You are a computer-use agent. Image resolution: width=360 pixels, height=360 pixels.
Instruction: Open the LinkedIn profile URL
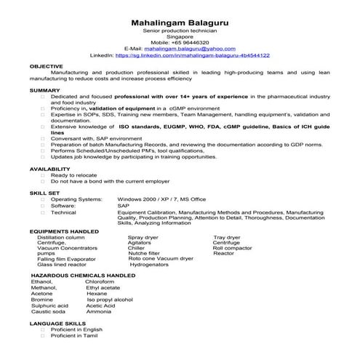(192, 55)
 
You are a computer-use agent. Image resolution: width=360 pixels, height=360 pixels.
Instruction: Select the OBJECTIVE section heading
(46, 66)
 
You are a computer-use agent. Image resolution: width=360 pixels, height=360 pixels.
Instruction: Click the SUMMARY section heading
(44, 89)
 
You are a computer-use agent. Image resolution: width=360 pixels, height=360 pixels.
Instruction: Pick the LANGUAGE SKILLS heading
(57, 321)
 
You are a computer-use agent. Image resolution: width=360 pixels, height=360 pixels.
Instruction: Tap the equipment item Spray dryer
(143, 237)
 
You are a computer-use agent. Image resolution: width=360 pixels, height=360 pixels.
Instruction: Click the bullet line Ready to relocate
(72, 175)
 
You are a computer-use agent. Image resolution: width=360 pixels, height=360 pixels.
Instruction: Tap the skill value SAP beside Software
(123, 206)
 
